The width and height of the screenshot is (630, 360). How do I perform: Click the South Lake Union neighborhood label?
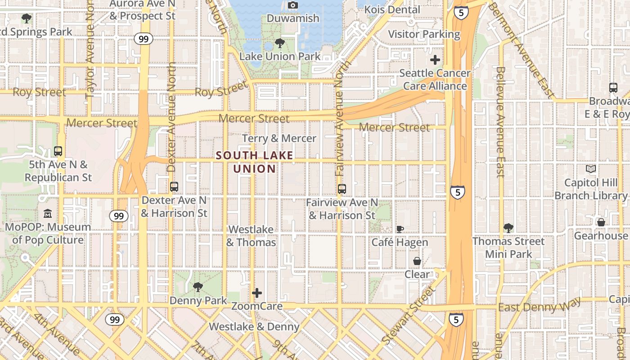point(254,162)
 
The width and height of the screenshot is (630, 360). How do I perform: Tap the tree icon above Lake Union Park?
point(279,44)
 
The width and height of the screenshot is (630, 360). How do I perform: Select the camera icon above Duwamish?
point(293,5)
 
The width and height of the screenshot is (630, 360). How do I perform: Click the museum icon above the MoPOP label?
point(48,214)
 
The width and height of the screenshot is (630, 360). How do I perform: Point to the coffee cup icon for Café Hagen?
point(400,229)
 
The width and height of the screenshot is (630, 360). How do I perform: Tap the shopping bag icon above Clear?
point(417,261)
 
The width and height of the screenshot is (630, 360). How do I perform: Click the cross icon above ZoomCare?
point(257,293)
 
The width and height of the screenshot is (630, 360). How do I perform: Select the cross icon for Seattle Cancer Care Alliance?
point(435,60)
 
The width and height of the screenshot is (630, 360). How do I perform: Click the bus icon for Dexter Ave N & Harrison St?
point(174,186)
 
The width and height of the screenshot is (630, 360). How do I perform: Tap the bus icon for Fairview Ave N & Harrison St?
point(342,189)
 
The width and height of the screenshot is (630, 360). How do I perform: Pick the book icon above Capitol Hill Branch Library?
point(591,169)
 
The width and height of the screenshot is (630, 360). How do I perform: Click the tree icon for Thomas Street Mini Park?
point(508,228)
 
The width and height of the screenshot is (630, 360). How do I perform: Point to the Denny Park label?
point(198,300)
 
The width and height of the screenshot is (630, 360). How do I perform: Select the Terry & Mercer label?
point(279,138)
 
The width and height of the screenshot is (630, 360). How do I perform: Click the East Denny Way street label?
point(539,306)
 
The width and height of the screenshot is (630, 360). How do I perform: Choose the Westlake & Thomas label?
point(251,236)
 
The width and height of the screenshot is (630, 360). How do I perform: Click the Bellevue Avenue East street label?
point(500,121)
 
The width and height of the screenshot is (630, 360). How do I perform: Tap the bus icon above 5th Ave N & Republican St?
point(58,151)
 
